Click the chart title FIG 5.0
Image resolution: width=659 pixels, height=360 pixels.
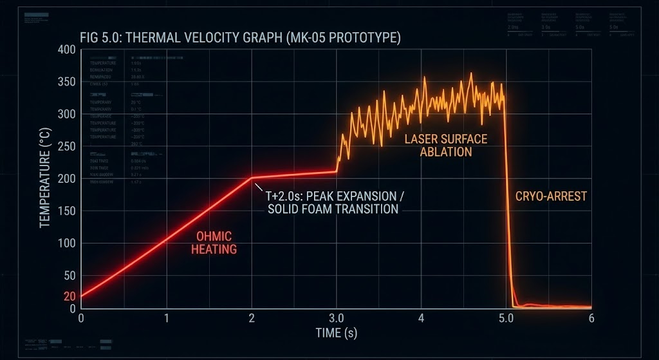point(240,38)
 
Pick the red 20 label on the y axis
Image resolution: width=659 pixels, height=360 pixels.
point(70,296)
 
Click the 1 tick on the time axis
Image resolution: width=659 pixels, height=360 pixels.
point(166,318)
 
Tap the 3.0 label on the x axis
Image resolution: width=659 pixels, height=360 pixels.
point(336,318)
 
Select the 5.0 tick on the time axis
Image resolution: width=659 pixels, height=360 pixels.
point(506,318)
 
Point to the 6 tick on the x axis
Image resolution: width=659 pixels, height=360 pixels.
point(591,318)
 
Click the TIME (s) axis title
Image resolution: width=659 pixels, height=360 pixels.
point(336,333)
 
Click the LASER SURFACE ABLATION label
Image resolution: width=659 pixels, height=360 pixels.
point(445,146)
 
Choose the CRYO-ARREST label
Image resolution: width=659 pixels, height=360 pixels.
point(551,196)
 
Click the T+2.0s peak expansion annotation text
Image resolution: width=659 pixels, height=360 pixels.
point(332,202)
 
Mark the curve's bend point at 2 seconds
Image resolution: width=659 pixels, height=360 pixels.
point(252,178)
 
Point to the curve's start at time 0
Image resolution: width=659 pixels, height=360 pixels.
point(81,296)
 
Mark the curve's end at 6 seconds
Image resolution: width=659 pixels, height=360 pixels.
point(590,307)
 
